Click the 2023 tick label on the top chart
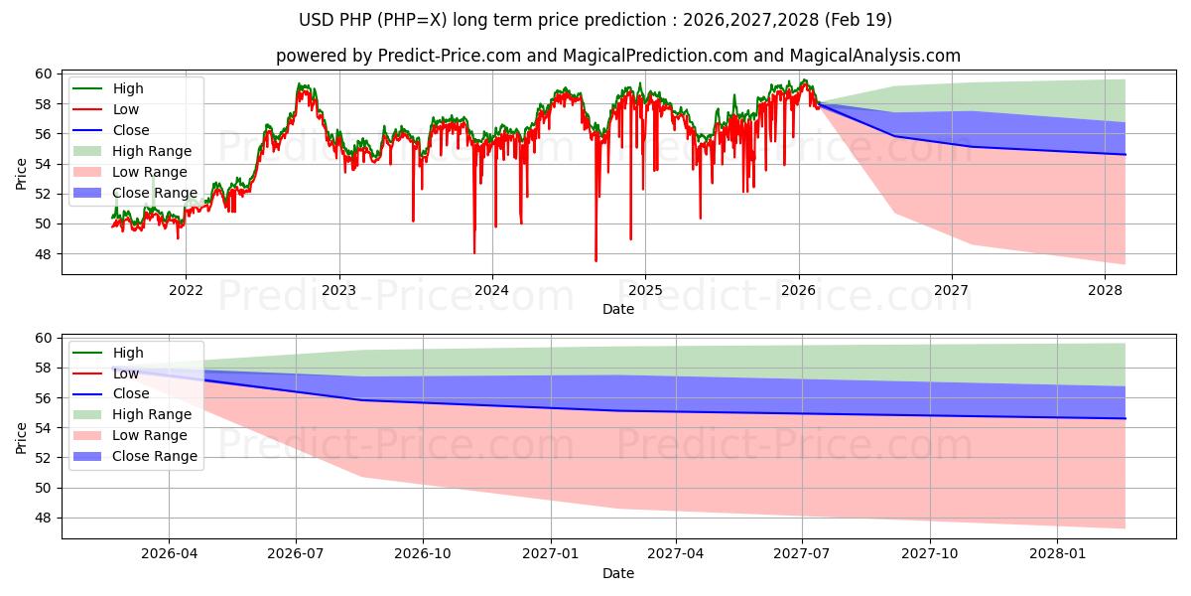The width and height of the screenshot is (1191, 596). tap(338, 290)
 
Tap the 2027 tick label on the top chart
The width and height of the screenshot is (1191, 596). tap(951, 290)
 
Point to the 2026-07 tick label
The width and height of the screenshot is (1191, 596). tap(296, 554)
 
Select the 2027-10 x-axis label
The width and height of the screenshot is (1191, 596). tap(929, 554)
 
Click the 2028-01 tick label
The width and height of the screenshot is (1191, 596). tap(1057, 554)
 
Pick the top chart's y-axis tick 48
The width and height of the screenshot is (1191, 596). tap(44, 254)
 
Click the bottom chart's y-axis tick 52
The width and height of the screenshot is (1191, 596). tap(44, 458)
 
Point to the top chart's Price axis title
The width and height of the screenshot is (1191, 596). tap(21, 174)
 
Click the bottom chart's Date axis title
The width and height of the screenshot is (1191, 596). tap(618, 573)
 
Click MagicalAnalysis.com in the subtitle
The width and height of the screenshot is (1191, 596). tap(874, 56)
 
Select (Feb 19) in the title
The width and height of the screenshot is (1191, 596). tap(859, 20)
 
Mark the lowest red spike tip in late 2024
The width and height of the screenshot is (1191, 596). tap(596, 261)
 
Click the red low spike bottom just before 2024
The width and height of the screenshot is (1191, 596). tap(474, 253)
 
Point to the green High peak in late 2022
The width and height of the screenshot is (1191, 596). tap(299, 83)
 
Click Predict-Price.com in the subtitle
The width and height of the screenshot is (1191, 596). tap(450, 56)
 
